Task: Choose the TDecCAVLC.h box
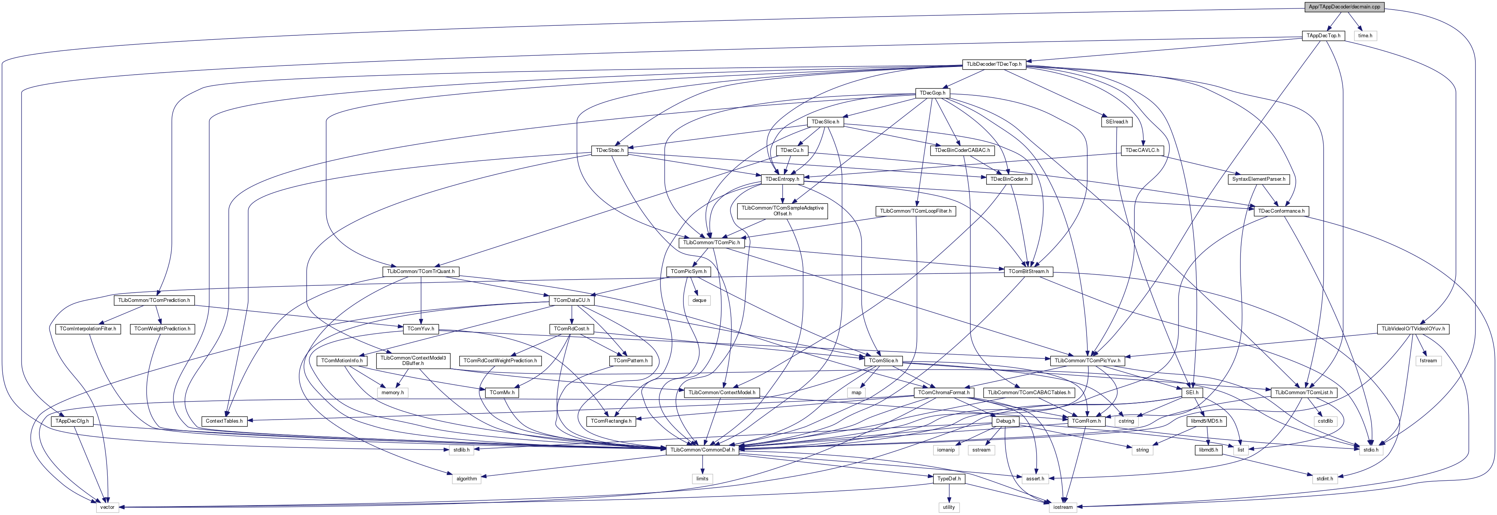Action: pos(1142,150)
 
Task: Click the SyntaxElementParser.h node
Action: pos(1258,179)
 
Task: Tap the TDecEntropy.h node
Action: pos(783,179)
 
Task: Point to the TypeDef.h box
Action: pos(949,479)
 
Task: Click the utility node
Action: pos(949,507)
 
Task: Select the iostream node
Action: pos(1062,507)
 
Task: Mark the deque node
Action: pos(699,300)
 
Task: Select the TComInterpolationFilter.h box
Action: pos(87,329)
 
